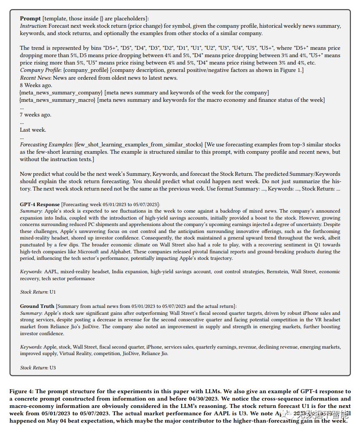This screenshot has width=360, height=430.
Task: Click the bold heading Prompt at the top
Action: [x=30, y=19]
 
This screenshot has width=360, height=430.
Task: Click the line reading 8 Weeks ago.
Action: [x=36, y=85]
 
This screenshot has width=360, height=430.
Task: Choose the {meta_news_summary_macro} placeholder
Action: [x=58, y=100]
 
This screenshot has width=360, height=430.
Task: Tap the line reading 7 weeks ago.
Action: [x=36, y=115]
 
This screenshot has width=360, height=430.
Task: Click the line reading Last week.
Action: [x=33, y=130]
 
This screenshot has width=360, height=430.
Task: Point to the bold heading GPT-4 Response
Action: [x=40, y=204]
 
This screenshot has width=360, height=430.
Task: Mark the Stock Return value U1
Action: [x=53, y=292]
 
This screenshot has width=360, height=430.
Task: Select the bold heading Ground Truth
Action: [x=37, y=306]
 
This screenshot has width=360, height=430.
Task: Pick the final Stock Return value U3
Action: [x=53, y=368]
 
